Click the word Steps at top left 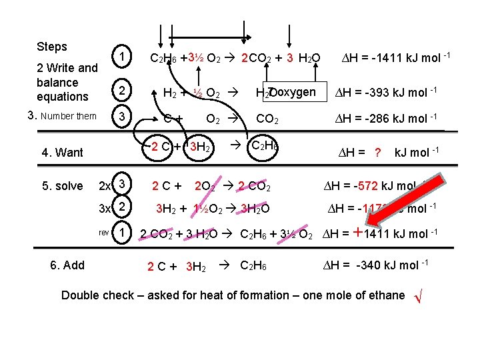pyautogui.click(x=52, y=47)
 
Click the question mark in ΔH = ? pyautogui.click(x=377, y=153)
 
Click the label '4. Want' pyautogui.click(x=62, y=153)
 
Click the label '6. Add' pyautogui.click(x=67, y=265)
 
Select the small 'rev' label pyautogui.click(x=103, y=233)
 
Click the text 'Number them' pyautogui.click(x=69, y=117)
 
